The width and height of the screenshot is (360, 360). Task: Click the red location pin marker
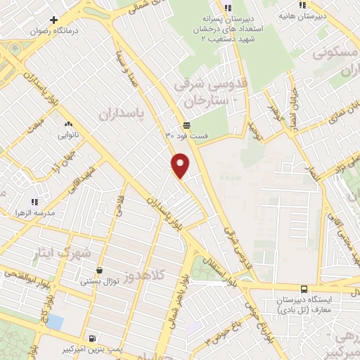point(181,165)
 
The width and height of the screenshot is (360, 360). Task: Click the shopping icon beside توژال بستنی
point(98,270)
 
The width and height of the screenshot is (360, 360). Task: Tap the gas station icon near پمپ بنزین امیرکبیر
point(94,337)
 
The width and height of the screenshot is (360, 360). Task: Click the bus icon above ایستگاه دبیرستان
point(304,289)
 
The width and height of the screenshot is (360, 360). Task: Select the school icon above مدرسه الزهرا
point(34,202)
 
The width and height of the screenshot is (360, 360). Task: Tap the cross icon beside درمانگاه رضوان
point(53,20)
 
